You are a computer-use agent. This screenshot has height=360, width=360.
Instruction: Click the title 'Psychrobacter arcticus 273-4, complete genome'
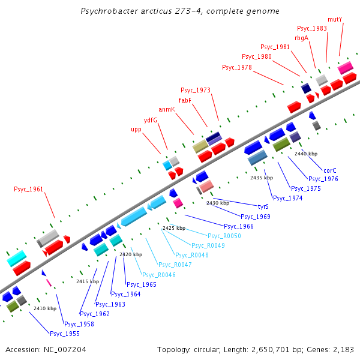coord(179,11)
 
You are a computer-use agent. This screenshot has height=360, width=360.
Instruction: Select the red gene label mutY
coord(335,19)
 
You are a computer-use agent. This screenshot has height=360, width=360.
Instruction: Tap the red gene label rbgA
coord(301,38)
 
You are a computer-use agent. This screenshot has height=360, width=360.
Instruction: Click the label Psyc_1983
coord(312,28)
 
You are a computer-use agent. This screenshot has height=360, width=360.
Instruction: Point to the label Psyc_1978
coord(237,67)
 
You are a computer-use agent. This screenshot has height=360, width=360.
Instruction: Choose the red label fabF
coord(185,100)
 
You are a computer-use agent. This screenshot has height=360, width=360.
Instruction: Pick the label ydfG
coord(150,120)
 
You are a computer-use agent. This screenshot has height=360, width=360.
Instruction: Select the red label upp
coord(136,130)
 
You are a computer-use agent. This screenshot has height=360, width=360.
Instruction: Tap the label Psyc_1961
coord(29,190)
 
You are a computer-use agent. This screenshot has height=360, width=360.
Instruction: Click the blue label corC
coord(330,170)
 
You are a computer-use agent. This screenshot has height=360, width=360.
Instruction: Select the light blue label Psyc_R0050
coord(224,236)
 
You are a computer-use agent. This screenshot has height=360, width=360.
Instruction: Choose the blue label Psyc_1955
coord(65,334)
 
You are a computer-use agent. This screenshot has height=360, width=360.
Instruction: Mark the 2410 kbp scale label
coord(45,308)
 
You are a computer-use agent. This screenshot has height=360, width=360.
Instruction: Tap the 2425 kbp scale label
coord(173,229)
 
